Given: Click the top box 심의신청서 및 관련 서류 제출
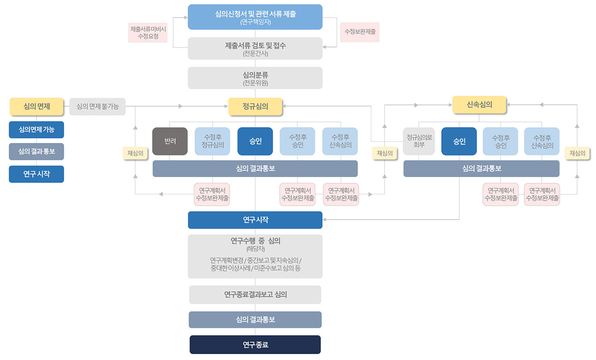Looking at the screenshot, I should point(255,17).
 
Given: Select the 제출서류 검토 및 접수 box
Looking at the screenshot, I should point(255,48).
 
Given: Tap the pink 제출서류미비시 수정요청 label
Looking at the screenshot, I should point(148,32).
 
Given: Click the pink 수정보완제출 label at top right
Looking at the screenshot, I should point(360,32).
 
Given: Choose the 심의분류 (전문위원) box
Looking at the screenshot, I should point(255,78).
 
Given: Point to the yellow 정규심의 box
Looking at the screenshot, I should point(255,106).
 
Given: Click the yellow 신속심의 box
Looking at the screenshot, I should point(479,105).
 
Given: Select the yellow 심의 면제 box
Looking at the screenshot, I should point(37,106).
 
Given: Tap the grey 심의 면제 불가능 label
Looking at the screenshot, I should point(97,106).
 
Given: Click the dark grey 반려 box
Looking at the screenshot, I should point(170,141).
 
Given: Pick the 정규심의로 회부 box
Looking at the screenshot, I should point(419,141).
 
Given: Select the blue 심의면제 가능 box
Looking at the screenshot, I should point(37,130).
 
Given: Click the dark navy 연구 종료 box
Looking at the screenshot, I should point(255,344).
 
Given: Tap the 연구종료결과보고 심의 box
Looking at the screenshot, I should point(255,294).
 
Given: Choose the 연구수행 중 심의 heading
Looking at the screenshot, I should point(255,241).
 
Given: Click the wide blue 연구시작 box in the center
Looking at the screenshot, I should point(255,220).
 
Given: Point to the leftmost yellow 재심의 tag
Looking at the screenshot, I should point(135,154).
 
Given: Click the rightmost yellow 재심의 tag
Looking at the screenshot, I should point(577,154).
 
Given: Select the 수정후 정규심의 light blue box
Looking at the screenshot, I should point(212,141).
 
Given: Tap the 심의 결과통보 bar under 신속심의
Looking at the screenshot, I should point(481,169).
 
